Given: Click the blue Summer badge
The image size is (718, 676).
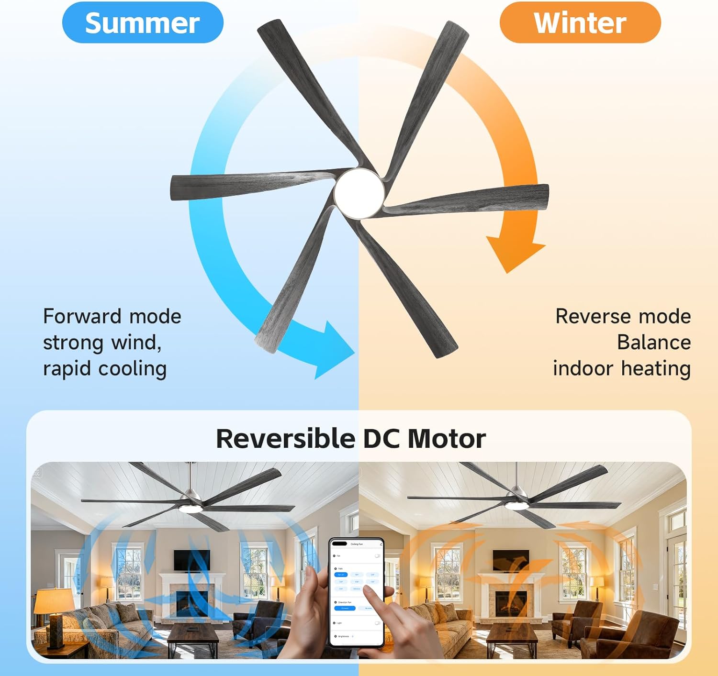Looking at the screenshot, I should (x=143, y=23).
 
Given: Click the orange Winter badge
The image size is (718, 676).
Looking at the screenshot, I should (x=580, y=23).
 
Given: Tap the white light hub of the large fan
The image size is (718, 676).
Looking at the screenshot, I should (x=359, y=192).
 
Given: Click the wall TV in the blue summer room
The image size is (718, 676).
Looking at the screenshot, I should (x=191, y=560).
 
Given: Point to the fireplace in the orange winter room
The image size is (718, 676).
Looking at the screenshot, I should (x=511, y=604).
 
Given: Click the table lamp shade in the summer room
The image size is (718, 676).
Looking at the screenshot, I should (x=55, y=601).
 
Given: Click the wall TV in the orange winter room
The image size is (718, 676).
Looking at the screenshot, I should (x=511, y=560).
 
